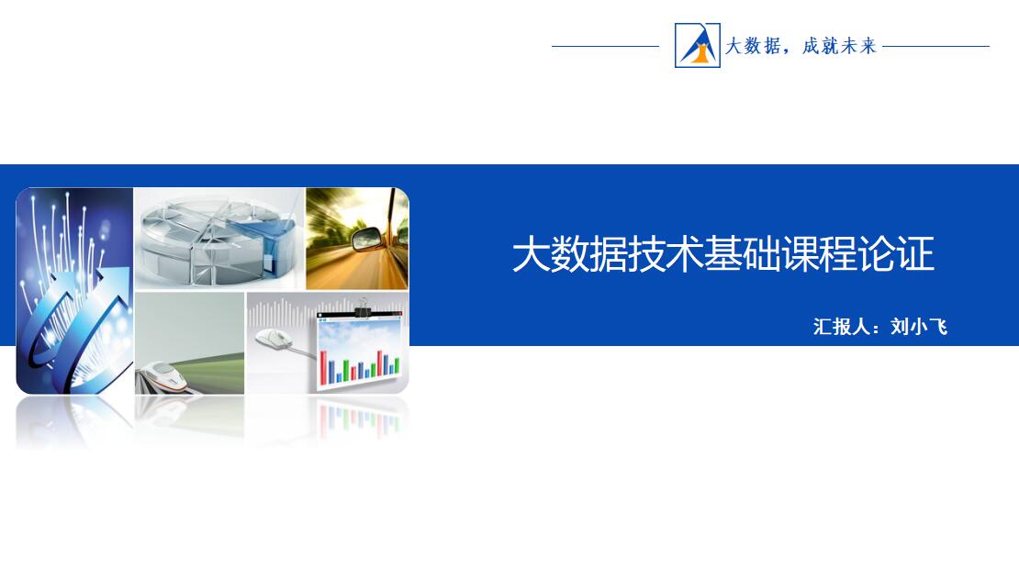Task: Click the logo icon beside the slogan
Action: [698, 46]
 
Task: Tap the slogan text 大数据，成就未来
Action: [801, 46]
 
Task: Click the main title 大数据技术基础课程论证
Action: [723, 253]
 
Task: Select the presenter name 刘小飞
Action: [919, 326]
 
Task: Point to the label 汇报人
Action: [841, 326]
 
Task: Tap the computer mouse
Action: [273, 338]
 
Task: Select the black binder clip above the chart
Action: [363, 307]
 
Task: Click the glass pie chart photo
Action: [219, 239]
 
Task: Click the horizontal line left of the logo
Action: [605, 46]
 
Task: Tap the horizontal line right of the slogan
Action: [935, 46]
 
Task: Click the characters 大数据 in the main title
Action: [569, 253]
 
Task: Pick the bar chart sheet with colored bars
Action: [359, 351]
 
